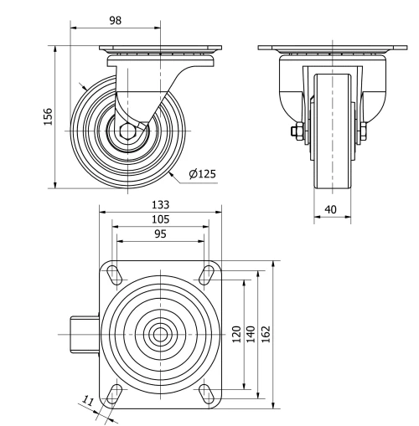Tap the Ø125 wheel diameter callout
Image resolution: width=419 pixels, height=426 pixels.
point(203,174)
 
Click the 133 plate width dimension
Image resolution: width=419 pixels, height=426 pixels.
point(160,204)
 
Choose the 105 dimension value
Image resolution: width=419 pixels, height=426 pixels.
point(160,219)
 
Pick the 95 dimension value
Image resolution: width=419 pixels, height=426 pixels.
point(160,234)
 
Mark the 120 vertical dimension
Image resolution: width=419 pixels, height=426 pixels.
point(237,334)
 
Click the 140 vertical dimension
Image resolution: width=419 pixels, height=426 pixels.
point(251,334)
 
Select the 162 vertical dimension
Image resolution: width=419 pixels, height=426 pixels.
point(266,334)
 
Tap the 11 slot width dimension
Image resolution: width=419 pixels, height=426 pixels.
point(89,403)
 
